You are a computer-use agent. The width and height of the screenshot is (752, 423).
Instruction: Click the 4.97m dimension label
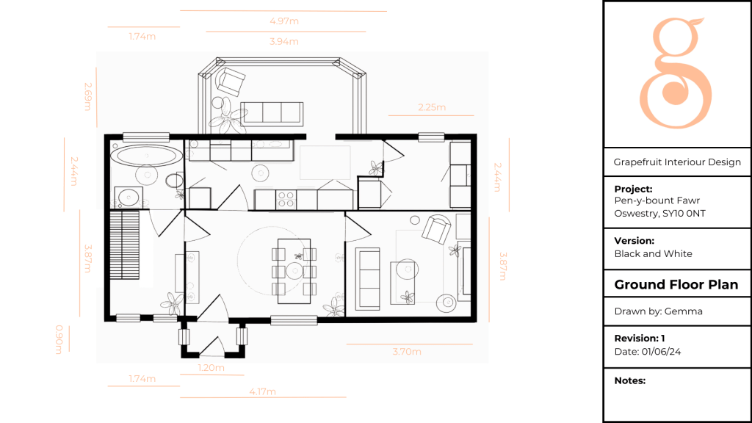coord(284,21)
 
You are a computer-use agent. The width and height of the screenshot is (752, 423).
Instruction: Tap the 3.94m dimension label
coord(284,42)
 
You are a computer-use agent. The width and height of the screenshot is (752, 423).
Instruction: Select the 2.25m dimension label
coord(432,107)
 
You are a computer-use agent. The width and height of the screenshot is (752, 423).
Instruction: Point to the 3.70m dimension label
coord(407,352)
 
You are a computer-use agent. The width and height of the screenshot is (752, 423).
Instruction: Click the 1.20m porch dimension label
coord(211,368)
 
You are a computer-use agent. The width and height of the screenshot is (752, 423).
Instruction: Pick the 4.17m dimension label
coord(262,392)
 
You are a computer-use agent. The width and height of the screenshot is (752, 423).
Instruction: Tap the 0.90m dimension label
coord(59,339)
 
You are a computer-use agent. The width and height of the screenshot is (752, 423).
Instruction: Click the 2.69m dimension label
coord(88,96)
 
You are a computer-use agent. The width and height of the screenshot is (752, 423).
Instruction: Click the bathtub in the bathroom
coord(146,155)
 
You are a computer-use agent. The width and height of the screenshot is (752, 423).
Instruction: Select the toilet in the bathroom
coord(174,181)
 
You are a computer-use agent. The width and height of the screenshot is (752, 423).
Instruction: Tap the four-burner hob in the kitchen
coord(286,200)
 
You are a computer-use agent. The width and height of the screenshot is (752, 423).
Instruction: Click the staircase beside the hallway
coord(125,245)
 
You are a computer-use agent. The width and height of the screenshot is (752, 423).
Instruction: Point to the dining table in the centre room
coord(294,271)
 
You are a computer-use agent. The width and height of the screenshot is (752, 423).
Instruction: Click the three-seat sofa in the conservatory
coord(272,114)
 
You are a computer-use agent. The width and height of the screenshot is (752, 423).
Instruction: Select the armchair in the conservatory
coord(231,81)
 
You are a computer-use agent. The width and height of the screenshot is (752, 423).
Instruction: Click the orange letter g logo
coord(676,73)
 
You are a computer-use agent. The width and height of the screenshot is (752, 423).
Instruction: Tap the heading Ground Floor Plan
coord(676,284)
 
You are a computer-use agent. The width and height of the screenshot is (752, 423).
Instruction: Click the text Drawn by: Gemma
coord(659,311)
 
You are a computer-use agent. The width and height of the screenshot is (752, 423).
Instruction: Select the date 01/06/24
coord(662,352)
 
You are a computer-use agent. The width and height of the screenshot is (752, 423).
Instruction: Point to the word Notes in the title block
coord(629,381)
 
